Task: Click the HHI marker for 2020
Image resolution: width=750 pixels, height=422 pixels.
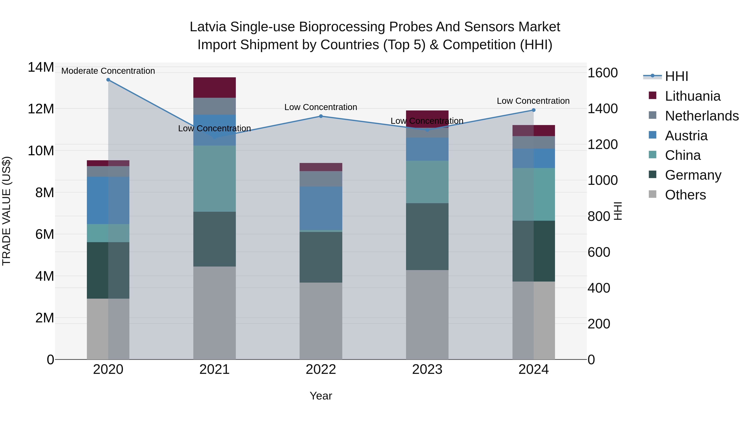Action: (x=108, y=80)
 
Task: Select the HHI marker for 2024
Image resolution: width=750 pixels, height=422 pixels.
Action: (x=533, y=110)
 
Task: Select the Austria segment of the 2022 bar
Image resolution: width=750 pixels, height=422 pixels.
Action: (x=321, y=208)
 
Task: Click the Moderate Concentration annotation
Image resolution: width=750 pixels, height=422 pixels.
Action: (x=108, y=71)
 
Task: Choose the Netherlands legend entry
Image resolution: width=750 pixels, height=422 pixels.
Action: (x=702, y=116)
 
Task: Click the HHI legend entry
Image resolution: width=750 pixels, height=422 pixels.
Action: (x=676, y=76)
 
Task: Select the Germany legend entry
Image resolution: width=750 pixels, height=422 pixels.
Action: (x=693, y=175)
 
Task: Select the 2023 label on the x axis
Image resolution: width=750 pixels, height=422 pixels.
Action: (x=427, y=369)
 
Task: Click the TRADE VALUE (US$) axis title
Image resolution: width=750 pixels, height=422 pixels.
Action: (x=6, y=211)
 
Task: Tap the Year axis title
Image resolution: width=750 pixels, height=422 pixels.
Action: (x=321, y=396)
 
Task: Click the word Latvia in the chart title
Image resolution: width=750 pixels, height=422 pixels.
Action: (x=208, y=27)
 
